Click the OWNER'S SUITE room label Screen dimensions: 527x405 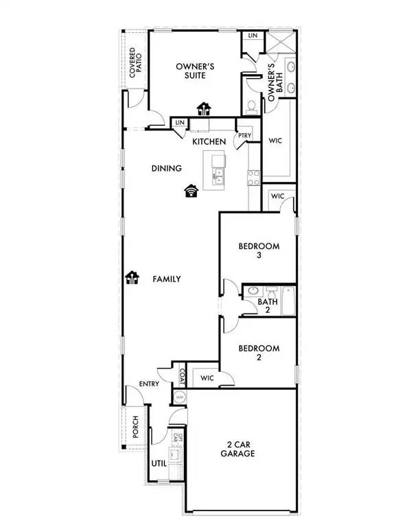196,71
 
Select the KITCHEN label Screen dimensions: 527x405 209,141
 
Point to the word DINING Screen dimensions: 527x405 166,169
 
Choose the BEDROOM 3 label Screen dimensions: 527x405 259,251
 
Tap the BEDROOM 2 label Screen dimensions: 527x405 259,353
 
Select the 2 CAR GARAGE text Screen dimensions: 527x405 238,449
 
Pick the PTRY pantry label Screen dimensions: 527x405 244,136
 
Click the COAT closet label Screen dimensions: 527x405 182,377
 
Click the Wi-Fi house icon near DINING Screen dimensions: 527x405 192,191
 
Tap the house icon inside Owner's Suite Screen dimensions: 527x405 203,108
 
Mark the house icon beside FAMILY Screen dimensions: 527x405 132,278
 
